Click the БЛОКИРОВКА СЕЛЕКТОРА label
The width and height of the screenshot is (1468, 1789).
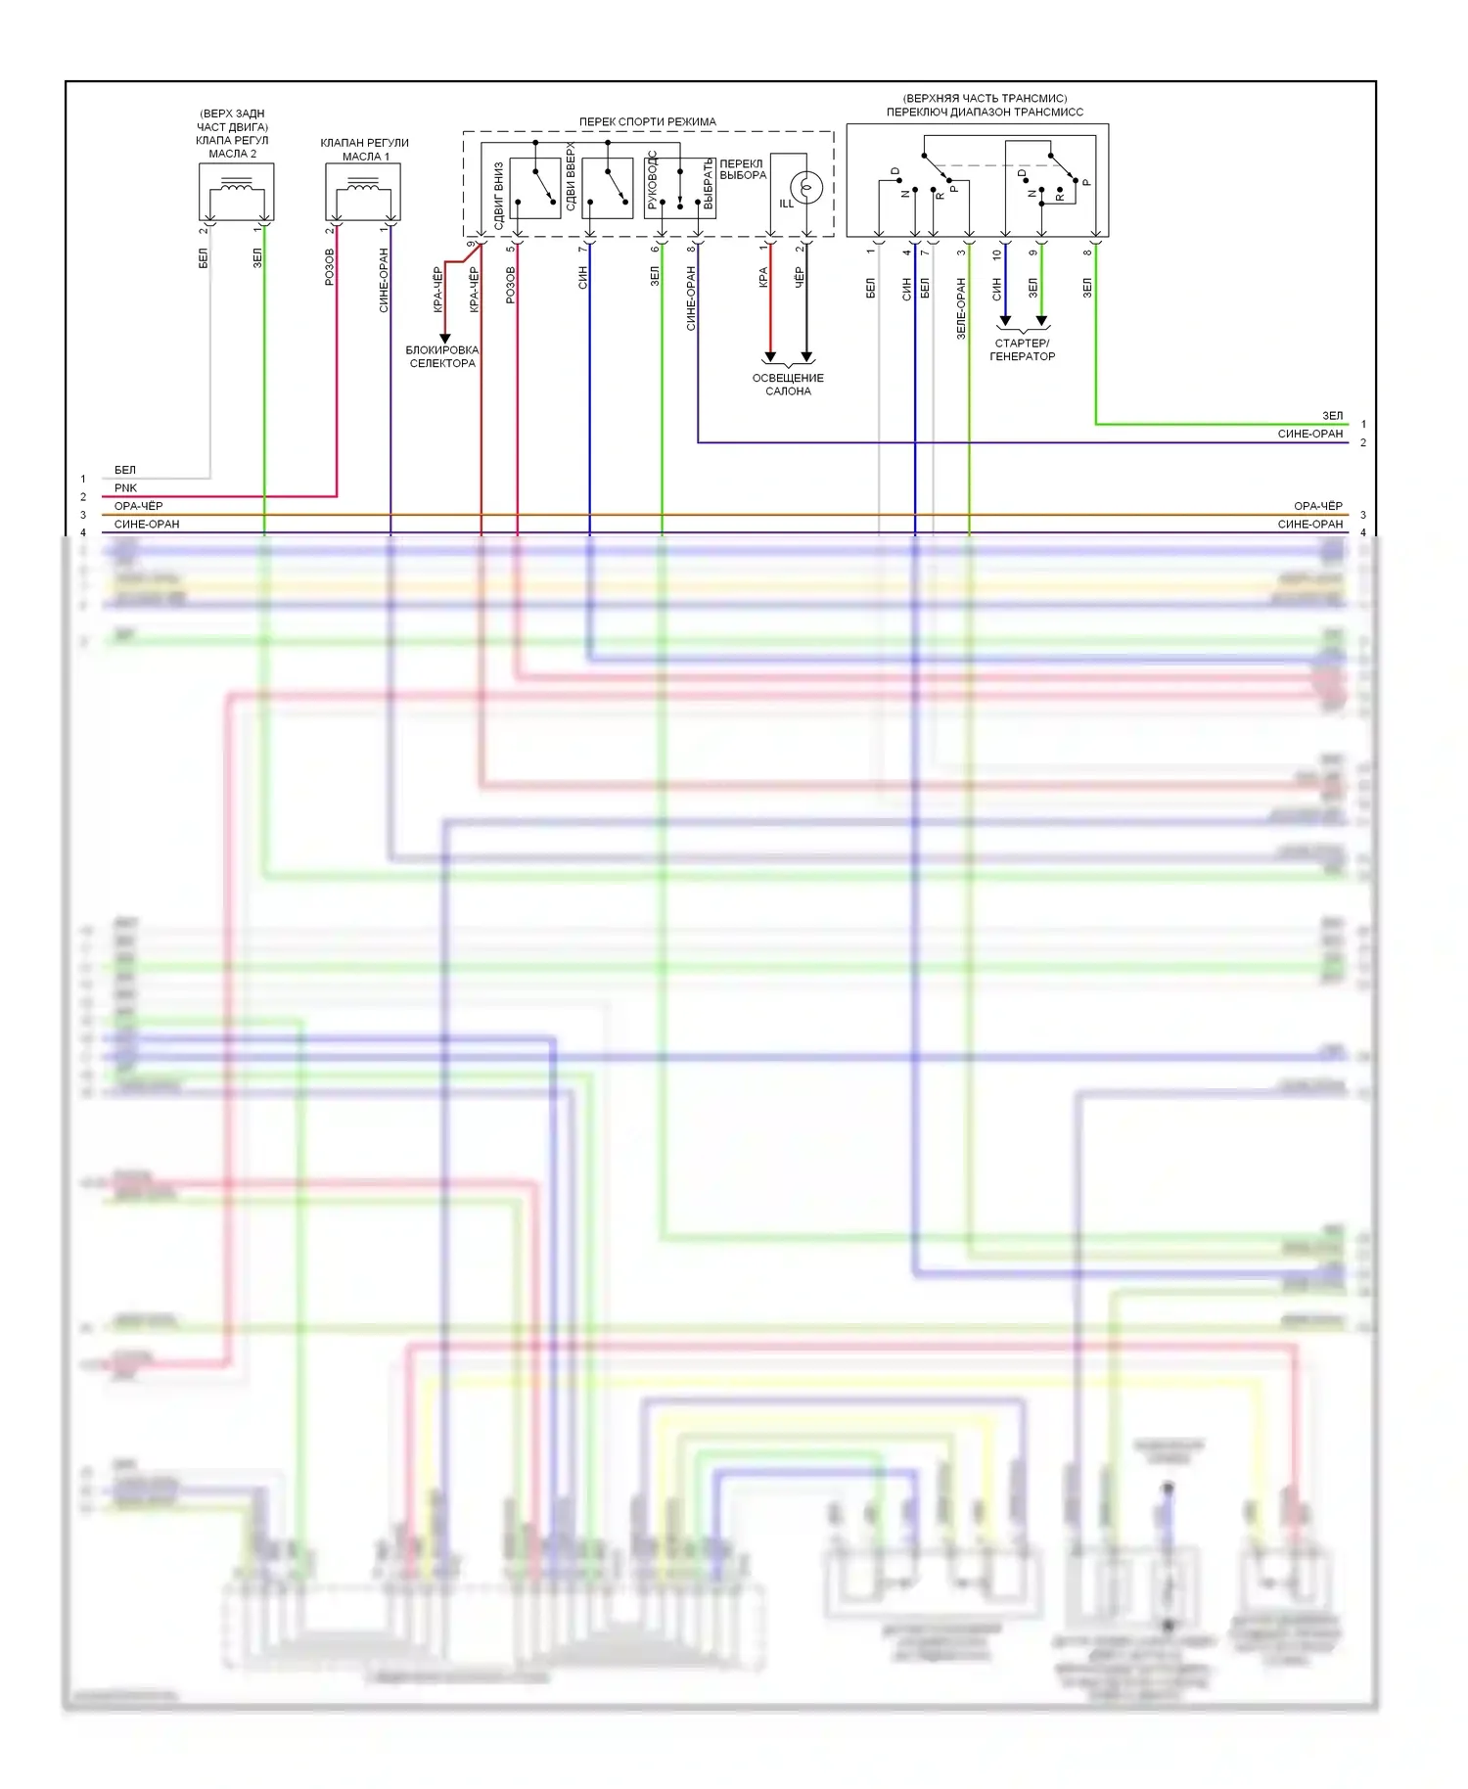coord(442,356)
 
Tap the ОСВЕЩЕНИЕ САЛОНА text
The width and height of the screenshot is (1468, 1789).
coord(788,385)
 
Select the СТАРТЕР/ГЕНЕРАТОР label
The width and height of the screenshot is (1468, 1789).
coord(1022,349)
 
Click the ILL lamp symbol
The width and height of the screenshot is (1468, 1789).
coord(806,186)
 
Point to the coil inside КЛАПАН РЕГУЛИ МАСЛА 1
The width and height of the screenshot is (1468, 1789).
coord(363,186)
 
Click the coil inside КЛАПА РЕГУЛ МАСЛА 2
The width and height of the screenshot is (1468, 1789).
coord(236,185)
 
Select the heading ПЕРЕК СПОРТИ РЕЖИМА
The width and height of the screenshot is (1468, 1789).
coord(647,121)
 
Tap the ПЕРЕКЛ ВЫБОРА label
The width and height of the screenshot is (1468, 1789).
coord(742,169)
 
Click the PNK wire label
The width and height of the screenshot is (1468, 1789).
coord(125,487)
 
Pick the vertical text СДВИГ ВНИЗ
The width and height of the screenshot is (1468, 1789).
coord(498,196)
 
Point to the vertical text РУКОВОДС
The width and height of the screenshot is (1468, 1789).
coord(652,181)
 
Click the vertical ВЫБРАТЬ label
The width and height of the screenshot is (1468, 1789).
coord(708,184)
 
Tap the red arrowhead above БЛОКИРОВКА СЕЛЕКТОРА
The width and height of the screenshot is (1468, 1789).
coord(444,338)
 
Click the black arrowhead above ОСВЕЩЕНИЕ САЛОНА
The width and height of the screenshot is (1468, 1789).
coord(806,356)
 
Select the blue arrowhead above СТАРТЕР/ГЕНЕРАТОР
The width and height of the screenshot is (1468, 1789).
coord(1005,320)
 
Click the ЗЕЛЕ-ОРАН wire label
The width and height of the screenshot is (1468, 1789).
coord(960,308)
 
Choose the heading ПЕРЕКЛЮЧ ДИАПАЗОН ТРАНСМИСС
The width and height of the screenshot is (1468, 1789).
coord(985,112)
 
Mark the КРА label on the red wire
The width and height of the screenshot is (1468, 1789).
coord(762,278)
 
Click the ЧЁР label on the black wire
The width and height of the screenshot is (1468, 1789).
coord(799,278)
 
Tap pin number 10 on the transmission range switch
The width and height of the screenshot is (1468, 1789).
coord(996,254)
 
